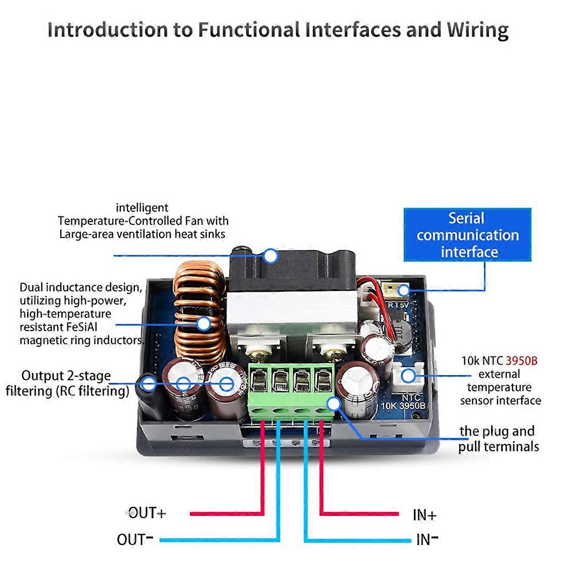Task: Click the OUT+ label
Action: [x=147, y=513]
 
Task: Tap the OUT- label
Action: [x=135, y=539]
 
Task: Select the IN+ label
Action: [x=424, y=515]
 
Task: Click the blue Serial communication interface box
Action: [x=467, y=235]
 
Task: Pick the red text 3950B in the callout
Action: [x=522, y=361]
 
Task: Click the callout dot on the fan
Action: [x=270, y=256]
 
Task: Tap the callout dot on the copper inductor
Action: [x=203, y=324]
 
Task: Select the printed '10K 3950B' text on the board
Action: [x=403, y=405]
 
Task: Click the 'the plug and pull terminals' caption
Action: [x=498, y=439]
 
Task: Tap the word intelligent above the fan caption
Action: [x=142, y=208]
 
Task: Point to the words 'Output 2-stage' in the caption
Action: [x=66, y=375]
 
